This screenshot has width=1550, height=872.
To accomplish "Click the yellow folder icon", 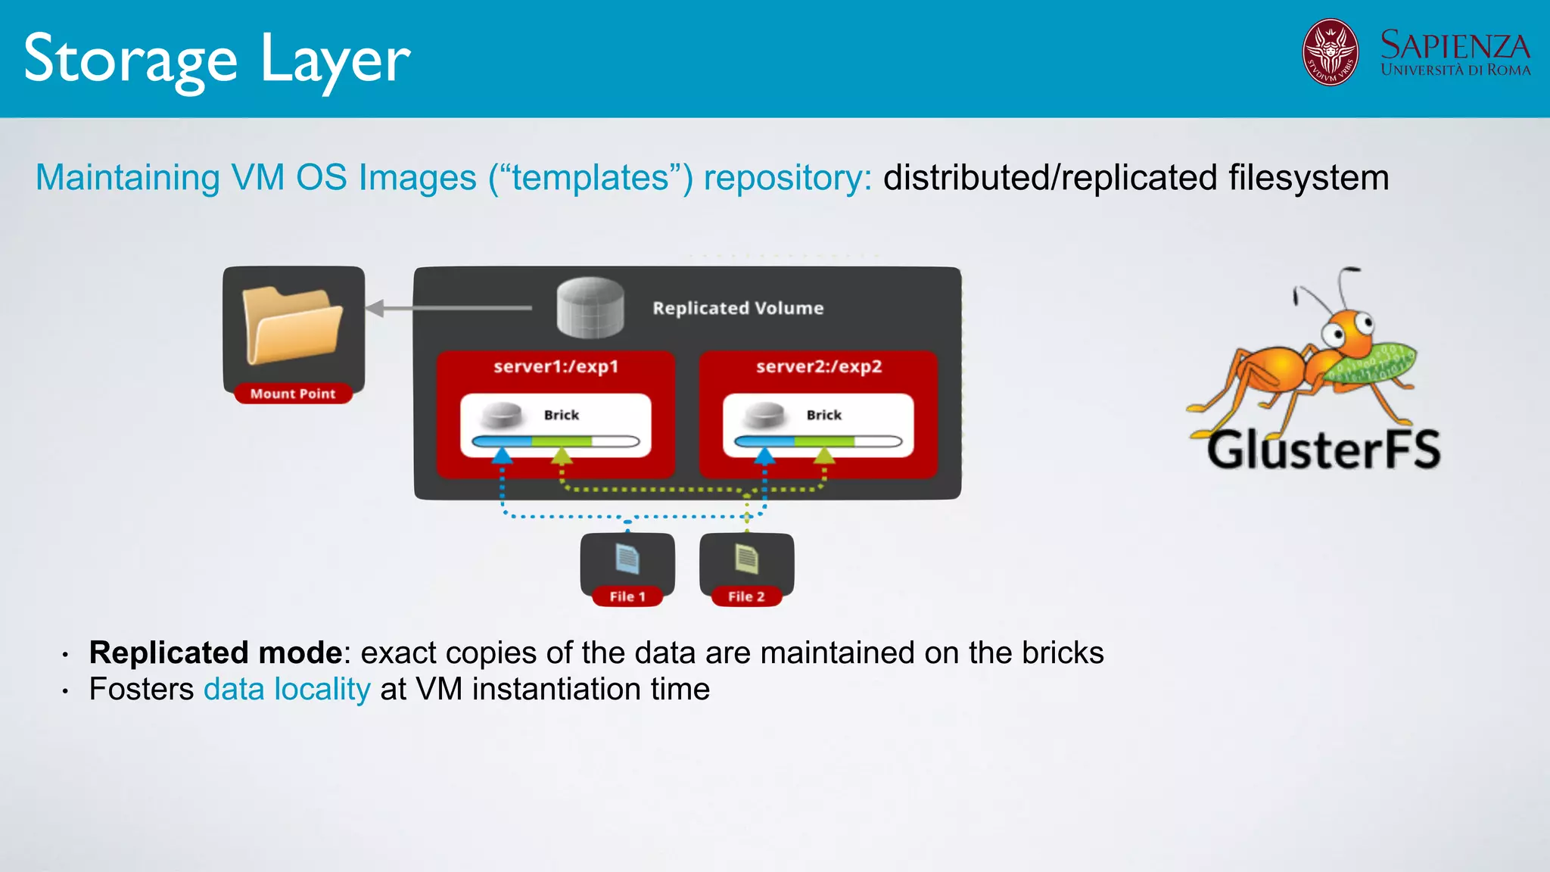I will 292,325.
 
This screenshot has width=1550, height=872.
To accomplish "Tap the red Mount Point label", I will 293,394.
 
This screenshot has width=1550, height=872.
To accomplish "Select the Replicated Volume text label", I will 738,308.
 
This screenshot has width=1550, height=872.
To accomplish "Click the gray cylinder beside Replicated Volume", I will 590,308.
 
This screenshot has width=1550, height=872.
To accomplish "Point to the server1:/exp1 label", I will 556,366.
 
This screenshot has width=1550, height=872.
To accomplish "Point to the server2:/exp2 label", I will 819,366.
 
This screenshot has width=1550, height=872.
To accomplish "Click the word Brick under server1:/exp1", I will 561,415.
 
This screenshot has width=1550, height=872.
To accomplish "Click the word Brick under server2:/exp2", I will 823,415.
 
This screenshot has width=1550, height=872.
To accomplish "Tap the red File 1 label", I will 627,596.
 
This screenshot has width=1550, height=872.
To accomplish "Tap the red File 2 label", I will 746,596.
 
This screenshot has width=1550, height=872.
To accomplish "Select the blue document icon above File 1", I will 627,559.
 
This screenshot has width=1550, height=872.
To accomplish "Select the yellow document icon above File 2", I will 746,559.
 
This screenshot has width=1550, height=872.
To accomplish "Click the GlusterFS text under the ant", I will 1323,450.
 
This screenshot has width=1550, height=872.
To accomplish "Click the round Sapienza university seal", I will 1330,52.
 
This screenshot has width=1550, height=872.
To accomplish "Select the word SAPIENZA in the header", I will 1455,45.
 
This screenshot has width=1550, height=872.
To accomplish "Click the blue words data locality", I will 287,690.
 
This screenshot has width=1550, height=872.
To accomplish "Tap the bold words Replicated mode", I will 216,652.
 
